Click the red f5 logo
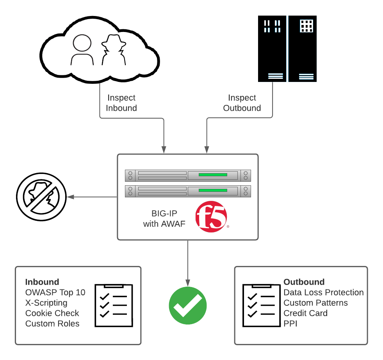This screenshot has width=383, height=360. click(211, 217)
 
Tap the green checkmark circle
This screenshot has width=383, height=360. click(187, 305)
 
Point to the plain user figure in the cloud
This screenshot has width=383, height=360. click(82, 49)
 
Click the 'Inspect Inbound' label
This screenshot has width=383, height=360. click(121, 103)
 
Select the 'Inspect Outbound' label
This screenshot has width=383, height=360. click(242, 103)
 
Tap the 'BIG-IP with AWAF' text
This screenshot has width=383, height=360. click(164, 219)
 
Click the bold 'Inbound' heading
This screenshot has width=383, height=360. click(42, 282)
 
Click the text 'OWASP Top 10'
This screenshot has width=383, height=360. click(55, 293)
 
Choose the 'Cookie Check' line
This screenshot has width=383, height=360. click(52, 313)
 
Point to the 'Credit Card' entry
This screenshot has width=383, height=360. click(305, 313)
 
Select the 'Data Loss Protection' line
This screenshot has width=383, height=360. click(323, 293)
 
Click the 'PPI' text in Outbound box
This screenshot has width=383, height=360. click(290, 324)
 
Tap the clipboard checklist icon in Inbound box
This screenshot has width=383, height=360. click(114, 305)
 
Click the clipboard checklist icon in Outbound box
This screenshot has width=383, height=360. click(261, 305)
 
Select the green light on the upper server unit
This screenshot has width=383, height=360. click(213, 175)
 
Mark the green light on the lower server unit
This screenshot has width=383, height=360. click(213, 190)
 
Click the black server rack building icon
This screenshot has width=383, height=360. click(287, 49)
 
